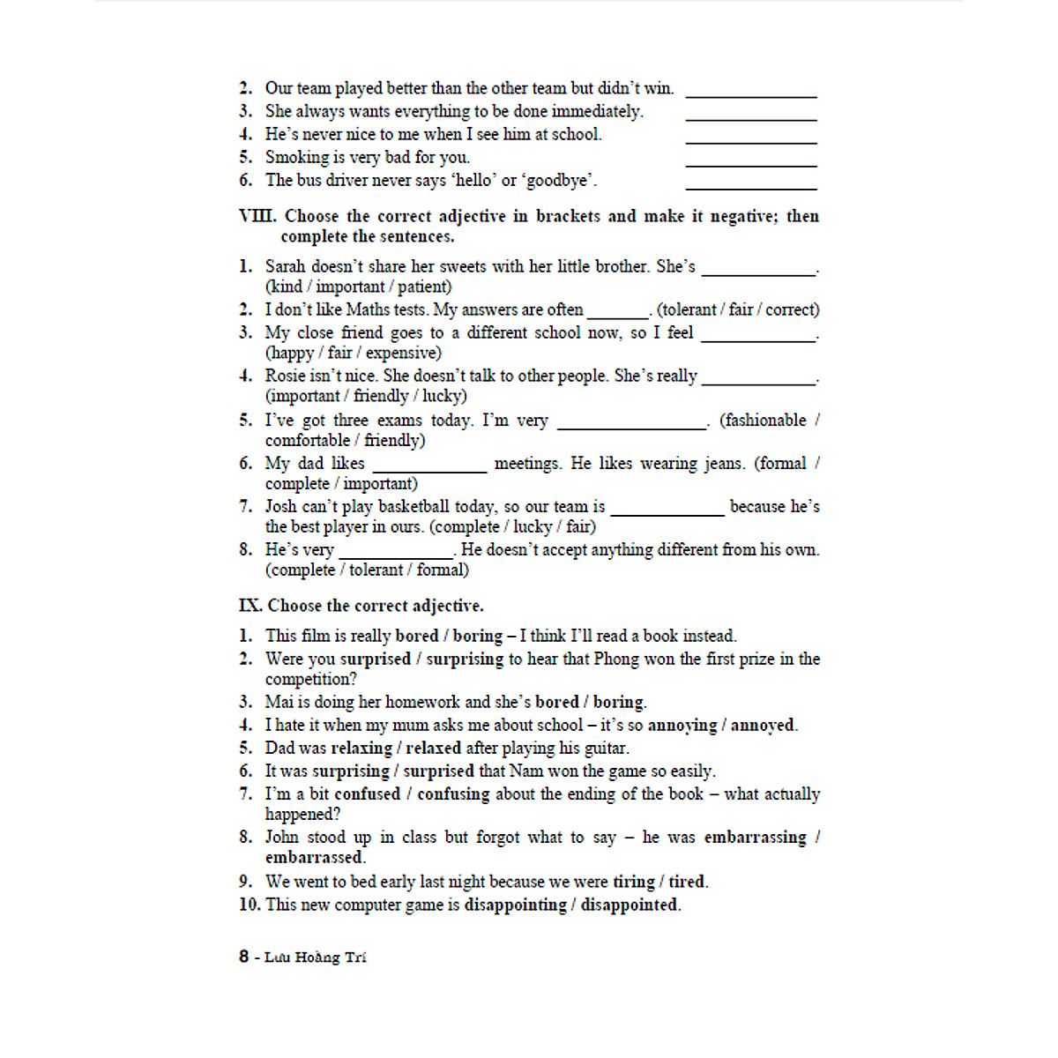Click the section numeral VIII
[x=257, y=216]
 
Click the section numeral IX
[x=250, y=606]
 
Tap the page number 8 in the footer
[x=243, y=957]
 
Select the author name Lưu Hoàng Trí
[x=315, y=957]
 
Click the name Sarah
[x=285, y=266]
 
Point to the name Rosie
[x=286, y=376]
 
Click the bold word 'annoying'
[x=682, y=726]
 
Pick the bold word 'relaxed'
[x=433, y=749]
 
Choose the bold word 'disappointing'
[x=515, y=905]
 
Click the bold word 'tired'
[x=687, y=882]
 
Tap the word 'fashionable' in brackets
[x=763, y=421]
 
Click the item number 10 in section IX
[x=250, y=905]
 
